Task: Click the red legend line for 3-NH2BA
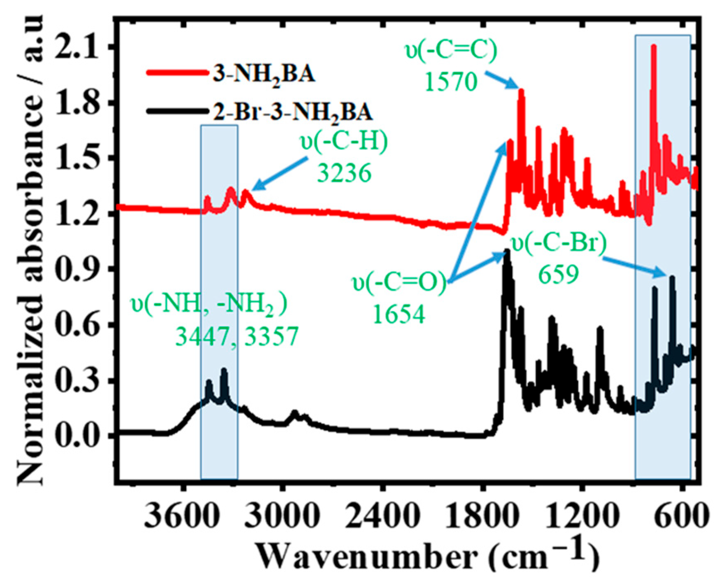(x=177, y=73)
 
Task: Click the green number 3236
(x=344, y=173)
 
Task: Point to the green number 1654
(x=399, y=315)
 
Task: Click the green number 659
(x=559, y=274)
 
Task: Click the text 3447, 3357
(x=237, y=337)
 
